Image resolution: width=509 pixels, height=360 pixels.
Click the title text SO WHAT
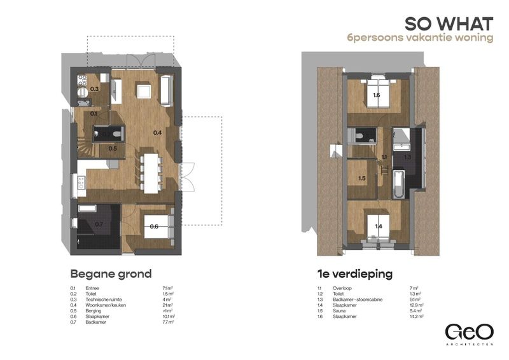tap(449, 24)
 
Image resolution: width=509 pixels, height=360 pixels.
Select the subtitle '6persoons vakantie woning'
tap(420, 39)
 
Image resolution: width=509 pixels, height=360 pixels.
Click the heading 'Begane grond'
tap(110, 275)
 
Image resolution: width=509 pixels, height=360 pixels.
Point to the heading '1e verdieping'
tap(354, 275)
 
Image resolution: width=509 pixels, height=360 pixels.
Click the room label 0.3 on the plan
tap(94, 89)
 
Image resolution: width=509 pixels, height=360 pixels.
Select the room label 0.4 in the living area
tap(157, 132)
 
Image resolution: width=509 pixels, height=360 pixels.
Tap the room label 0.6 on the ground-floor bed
tap(153, 226)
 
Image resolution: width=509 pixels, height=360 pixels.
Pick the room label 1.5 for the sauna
tap(362, 179)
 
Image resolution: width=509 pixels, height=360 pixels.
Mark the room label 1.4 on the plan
tap(378, 226)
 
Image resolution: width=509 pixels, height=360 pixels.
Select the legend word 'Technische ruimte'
tap(104, 299)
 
